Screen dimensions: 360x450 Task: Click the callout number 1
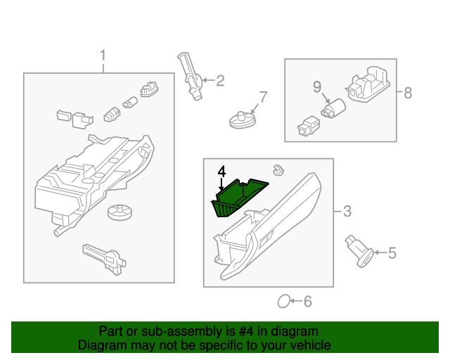point(103,55)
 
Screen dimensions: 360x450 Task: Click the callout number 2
point(219,81)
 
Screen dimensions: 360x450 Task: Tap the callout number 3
point(346,210)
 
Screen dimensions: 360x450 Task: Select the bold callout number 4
point(221,172)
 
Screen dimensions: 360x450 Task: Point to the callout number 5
point(392,252)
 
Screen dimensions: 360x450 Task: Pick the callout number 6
point(307,302)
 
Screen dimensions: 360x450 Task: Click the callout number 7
point(263,96)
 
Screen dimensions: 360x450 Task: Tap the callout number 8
point(407,92)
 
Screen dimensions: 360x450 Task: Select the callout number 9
point(316,86)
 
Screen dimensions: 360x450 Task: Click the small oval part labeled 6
point(284,302)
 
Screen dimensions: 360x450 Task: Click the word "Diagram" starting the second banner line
point(100,345)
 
